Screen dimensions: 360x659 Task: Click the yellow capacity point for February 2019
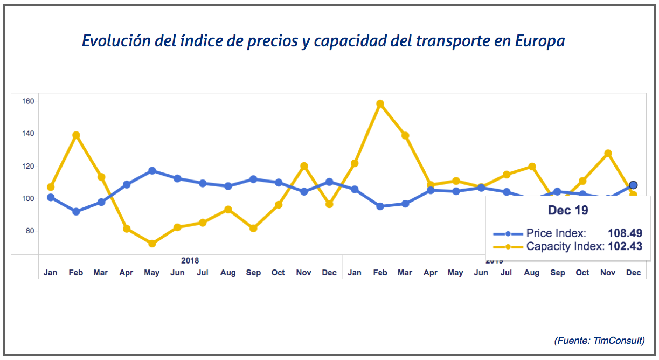click(380, 103)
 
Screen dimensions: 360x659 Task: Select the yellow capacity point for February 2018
click(76, 135)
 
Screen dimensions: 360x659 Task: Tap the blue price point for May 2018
click(152, 171)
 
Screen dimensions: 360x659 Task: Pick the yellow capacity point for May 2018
click(152, 244)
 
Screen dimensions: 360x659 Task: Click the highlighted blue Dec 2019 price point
click(633, 185)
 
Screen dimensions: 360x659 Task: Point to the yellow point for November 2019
click(608, 154)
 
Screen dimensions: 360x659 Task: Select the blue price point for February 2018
click(76, 212)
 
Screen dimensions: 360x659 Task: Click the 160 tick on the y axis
click(28, 101)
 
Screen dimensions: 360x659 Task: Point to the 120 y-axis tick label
click(28, 166)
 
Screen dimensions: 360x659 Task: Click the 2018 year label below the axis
click(190, 260)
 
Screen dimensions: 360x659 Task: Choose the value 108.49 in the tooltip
click(625, 233)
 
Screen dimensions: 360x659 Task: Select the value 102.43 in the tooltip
click(625, 246)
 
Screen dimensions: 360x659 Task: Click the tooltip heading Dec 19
click(568, 210)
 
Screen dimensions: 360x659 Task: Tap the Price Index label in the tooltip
click(556, 233)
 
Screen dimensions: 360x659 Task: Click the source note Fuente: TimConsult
click(599, 341)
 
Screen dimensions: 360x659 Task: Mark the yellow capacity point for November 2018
click(304, 166)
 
